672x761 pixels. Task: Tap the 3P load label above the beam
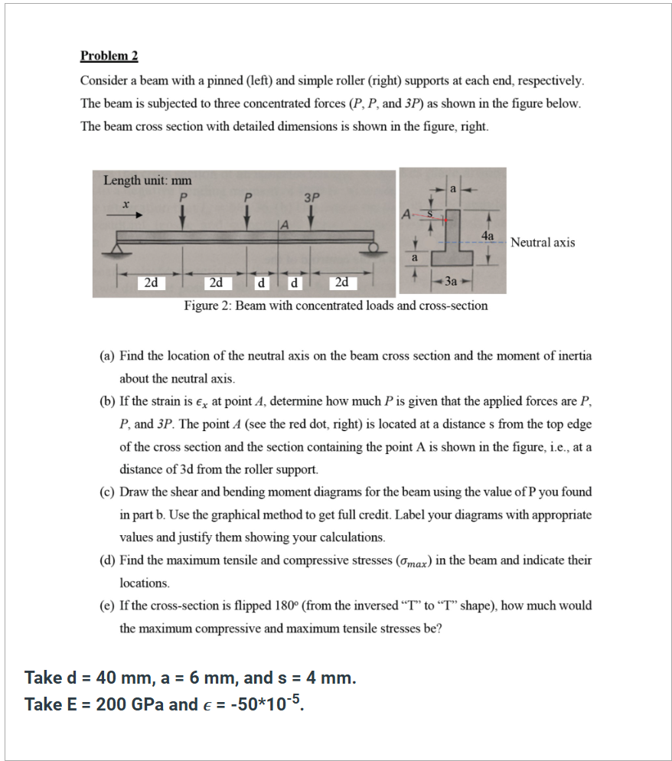[x=311, y=196]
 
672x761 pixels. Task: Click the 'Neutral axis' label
[x=543, y=243]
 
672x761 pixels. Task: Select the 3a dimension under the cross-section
[x=453, y=282]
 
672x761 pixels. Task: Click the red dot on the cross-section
[x=444, y=218]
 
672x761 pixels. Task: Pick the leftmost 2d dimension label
[x=152, y=283]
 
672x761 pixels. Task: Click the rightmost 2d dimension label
[x=342, y=283]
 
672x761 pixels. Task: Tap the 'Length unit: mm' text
[x=147, y=181]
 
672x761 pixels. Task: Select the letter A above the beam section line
[x=284, y=224]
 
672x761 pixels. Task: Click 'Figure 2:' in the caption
[x=207, y=306]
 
